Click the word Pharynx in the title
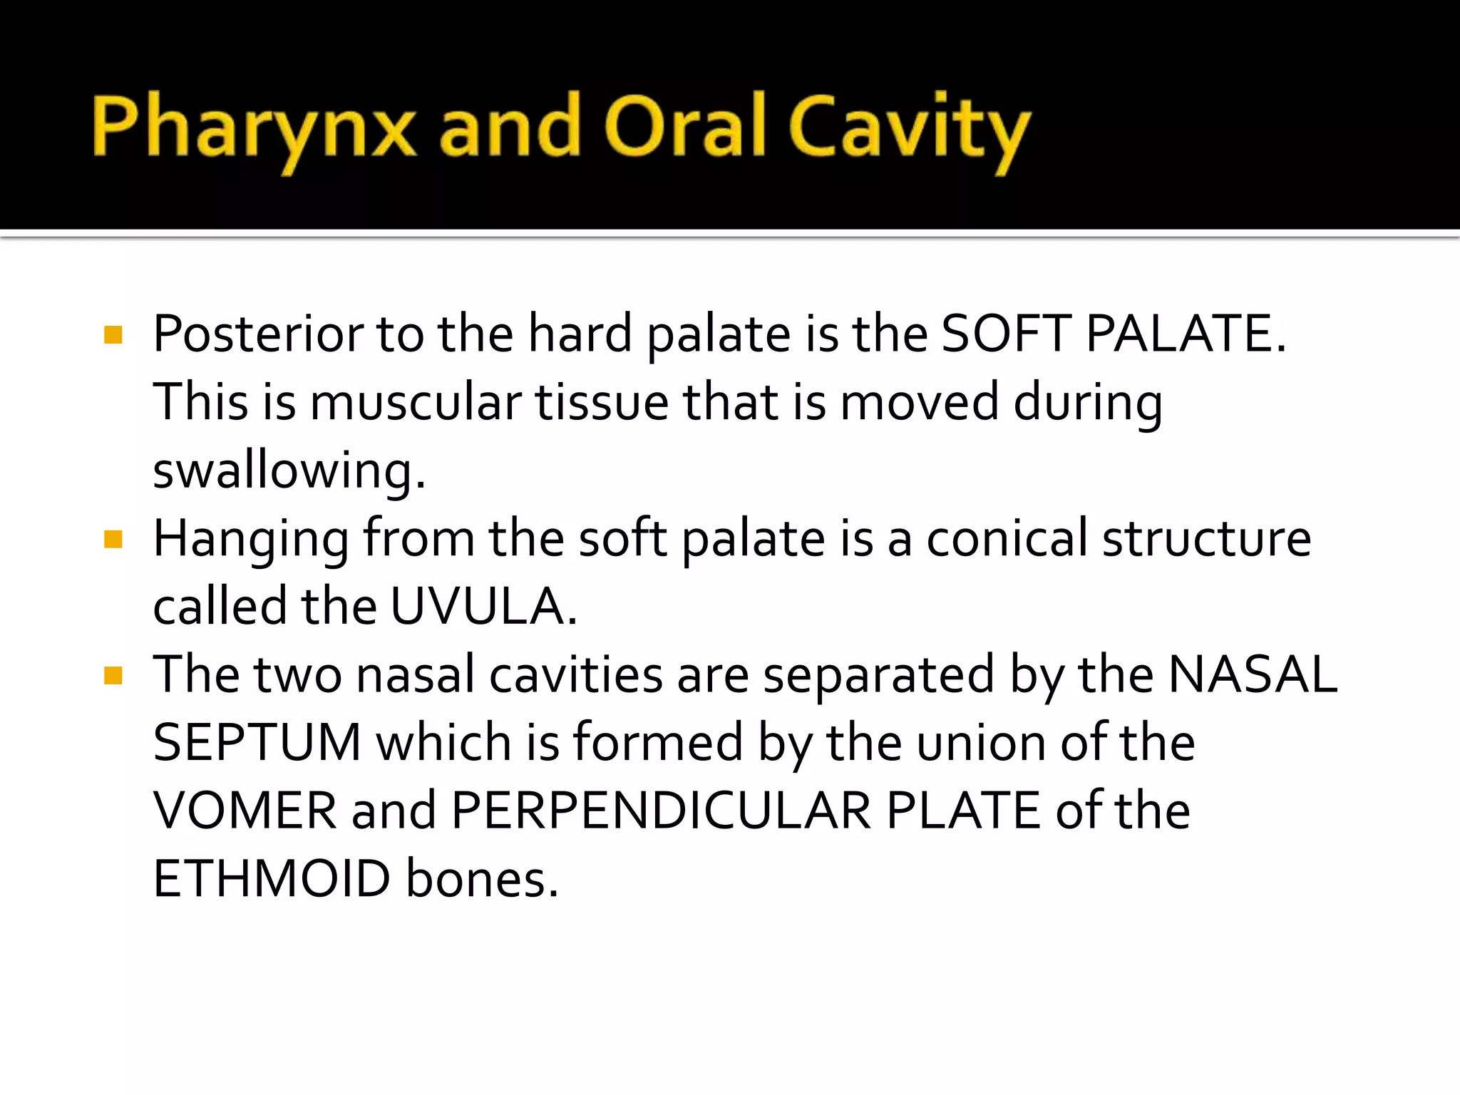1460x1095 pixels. (253, 128)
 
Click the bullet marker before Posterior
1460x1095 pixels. (113, 334)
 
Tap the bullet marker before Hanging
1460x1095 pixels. (113, 539)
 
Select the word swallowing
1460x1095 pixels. (289, 471)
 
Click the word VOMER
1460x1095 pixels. (245, 811)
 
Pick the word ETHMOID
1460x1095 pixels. (272, 878)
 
